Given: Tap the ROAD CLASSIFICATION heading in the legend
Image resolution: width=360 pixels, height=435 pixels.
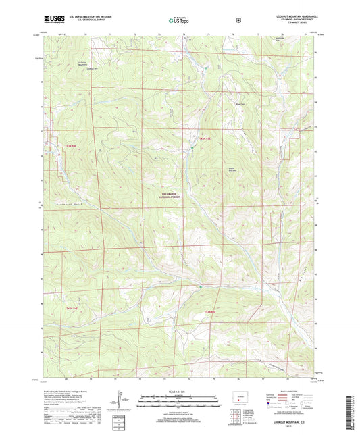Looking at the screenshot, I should (x=288, y=390).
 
